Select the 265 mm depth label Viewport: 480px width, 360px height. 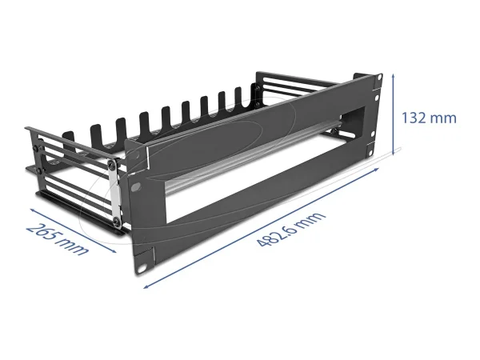click(56, 238)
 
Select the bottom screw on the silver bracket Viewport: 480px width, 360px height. click(118, 219)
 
